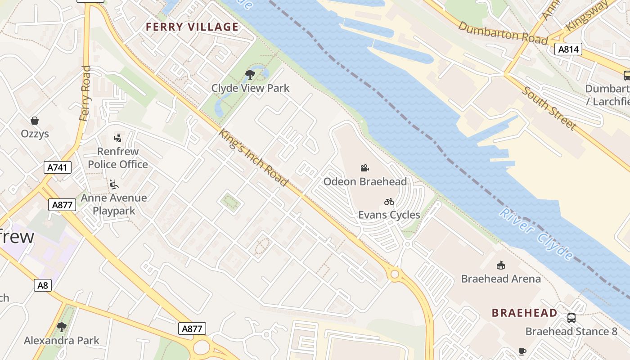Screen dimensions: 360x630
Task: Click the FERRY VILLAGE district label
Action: click(x=192, y=27)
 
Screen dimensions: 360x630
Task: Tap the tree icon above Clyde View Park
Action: click(x=250, y=75)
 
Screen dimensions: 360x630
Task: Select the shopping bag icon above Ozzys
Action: click(x=35, y=121)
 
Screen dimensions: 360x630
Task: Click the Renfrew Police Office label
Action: click(x=118, y=158)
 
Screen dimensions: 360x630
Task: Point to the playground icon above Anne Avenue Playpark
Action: click(x=114, y=184)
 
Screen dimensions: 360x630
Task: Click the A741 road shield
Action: click(x=58, y=168)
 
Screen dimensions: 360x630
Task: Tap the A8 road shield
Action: click(x=43, y=285)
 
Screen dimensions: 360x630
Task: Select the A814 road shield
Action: click(x=568, y=49)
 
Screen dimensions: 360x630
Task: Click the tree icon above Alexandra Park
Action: click(x=62, y=327)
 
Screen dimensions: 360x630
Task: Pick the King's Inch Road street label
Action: click(x=253, y=157)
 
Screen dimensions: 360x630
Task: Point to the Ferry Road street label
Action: click(x=85, y=94)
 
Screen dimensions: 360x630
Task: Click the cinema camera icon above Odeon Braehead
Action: click(x=365, y=168)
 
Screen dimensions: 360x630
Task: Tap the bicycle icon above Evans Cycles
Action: click(x=389, y=202)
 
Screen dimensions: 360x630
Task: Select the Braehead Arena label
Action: click(x=501, y=279)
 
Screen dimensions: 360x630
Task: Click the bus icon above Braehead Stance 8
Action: click(x=571, y=318)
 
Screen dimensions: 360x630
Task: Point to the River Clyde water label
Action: click(x=535, y=234)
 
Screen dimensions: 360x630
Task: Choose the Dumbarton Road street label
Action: click(x=503, y=33)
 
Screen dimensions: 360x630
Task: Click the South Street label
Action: click(x=549, y=108)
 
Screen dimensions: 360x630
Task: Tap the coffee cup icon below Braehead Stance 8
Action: click(x=522, y=351)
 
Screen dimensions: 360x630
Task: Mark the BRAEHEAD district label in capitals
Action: click(x=524, y=313)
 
